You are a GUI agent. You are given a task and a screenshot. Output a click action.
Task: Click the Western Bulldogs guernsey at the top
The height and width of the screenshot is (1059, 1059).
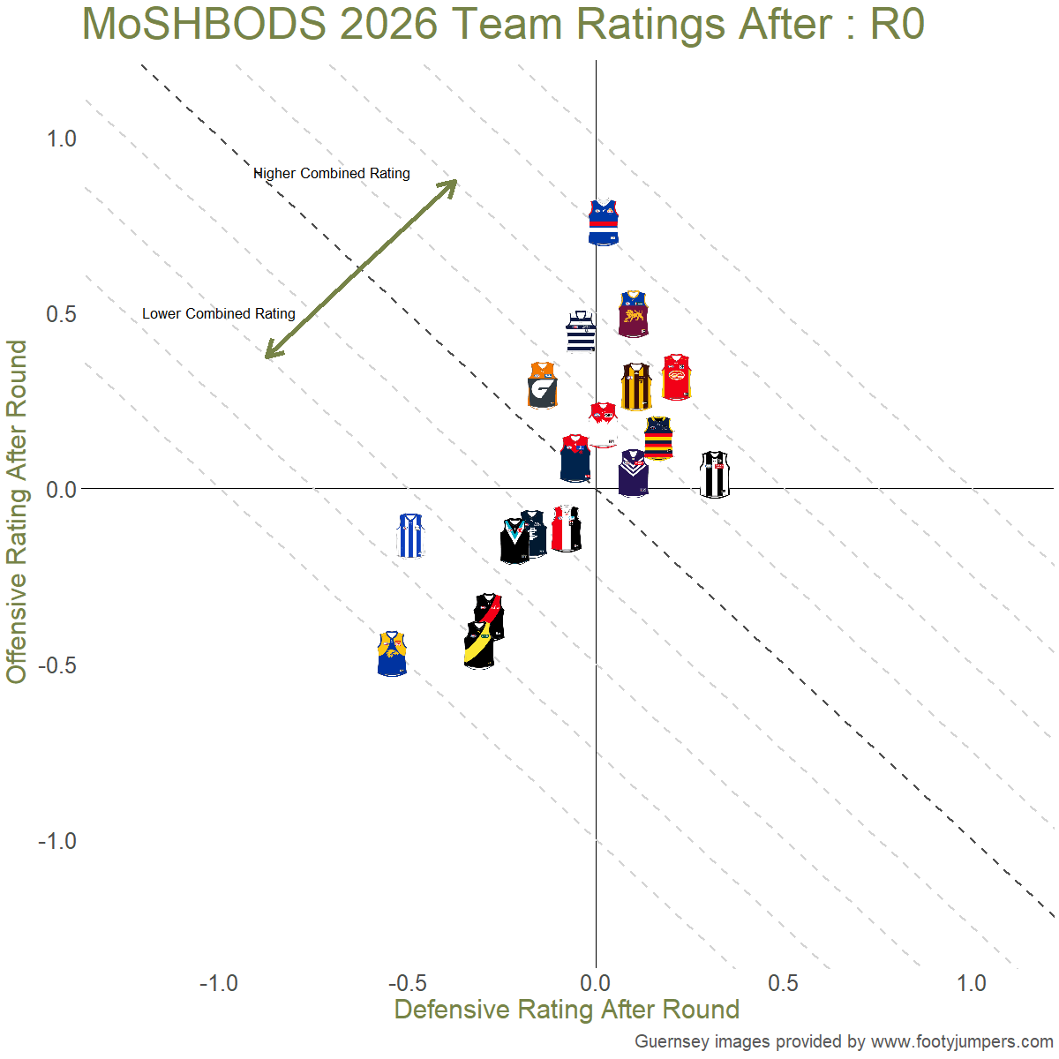click(604, 222)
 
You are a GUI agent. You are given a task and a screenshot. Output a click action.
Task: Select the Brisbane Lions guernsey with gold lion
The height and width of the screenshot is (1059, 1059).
click(633, 314)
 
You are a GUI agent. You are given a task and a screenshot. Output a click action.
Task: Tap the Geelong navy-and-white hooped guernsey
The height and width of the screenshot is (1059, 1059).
click(581, 332)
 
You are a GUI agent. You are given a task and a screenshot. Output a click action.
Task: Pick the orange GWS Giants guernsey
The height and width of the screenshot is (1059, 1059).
click(543, 386)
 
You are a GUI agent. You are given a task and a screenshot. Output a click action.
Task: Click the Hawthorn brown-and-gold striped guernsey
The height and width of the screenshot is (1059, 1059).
click(636, 387)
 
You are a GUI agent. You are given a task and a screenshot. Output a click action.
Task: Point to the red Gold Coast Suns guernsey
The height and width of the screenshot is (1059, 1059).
click(677, 377)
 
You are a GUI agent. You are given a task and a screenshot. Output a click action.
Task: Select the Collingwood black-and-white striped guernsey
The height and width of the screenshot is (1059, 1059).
click(715, 475)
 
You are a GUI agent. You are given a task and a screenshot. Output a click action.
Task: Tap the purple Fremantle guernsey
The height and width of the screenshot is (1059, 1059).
click(634, 473)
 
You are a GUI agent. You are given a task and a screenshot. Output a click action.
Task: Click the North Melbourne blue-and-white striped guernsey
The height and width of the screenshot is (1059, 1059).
click(410, 536)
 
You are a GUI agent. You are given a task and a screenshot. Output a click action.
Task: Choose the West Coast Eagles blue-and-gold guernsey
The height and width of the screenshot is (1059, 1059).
click(392, 653)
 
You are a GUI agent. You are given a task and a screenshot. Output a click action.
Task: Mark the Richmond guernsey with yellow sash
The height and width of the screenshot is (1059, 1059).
click(479, 646)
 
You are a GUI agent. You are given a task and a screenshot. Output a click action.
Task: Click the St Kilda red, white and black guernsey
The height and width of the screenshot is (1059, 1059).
click(566, 529)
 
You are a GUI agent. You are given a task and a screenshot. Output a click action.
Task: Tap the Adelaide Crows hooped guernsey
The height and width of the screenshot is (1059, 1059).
click(658, 438)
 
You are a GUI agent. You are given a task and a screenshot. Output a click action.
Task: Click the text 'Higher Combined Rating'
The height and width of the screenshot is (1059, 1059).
click(332, 174)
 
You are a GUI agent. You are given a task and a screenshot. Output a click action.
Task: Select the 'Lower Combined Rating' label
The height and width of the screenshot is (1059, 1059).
click(219, 314)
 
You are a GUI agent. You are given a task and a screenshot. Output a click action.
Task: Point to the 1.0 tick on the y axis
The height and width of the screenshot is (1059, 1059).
click(62, 139)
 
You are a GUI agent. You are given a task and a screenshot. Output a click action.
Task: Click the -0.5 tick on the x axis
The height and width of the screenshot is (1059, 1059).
click(407, 983)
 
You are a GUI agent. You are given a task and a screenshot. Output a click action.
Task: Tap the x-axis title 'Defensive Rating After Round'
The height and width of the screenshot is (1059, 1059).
click(567, 1010)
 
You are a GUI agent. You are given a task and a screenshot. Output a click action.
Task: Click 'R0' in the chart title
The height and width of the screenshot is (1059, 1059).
click(897, 24)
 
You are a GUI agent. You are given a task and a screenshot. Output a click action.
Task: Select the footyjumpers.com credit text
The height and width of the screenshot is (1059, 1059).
click(844, 1041)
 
